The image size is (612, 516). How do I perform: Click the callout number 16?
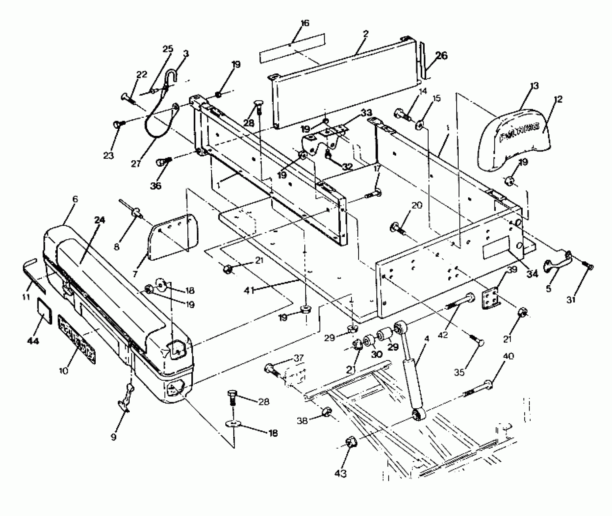pos(305,23)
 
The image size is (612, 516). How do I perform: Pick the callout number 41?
pos(249,290)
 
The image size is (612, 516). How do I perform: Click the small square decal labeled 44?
pos(43,311)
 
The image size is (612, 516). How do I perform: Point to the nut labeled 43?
pos(351,442)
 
